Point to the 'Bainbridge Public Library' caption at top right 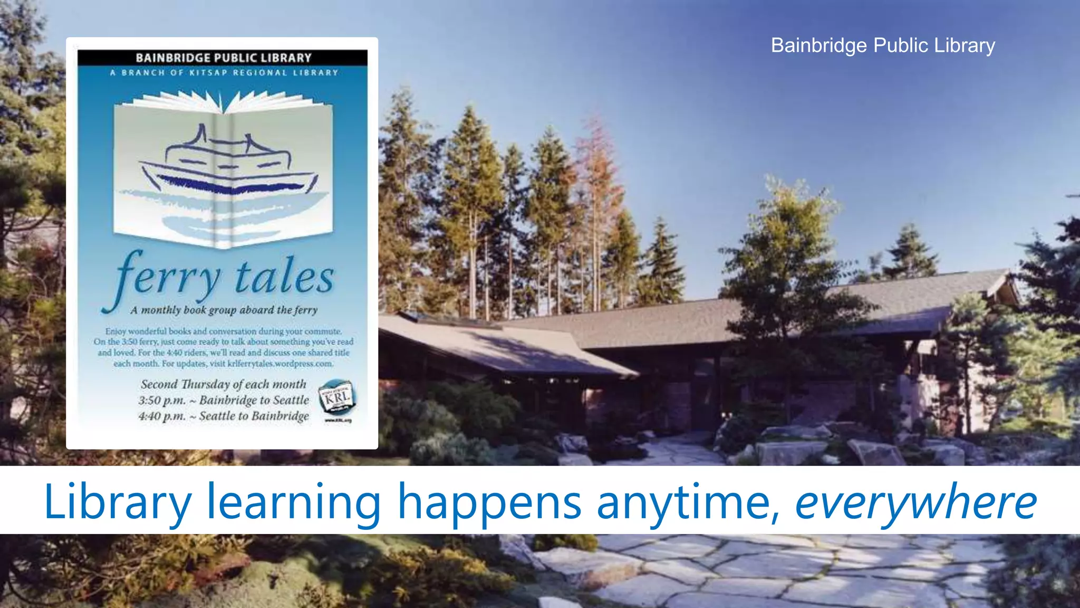883,45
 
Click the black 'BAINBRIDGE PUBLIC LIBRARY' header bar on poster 223,58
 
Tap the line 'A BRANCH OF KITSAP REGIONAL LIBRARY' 224,73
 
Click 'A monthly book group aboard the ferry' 224,310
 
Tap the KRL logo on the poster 337,397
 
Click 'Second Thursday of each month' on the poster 224,384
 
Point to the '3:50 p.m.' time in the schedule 162,401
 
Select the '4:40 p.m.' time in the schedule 162,416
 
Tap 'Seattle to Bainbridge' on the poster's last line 254,416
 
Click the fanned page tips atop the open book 224,101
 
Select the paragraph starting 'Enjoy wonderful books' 224,347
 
